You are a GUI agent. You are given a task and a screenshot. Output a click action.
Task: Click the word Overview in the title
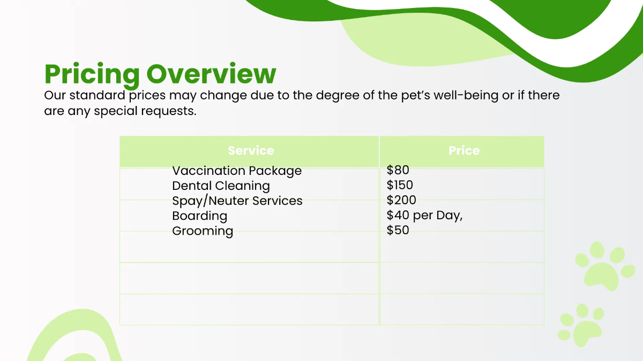[x=212, y=74]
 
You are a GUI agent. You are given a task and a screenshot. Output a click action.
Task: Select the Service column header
[x=250, y=151]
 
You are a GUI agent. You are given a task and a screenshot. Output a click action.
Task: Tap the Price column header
[x=463, y=151]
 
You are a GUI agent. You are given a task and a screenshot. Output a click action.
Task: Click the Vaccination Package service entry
[x=237, y=171]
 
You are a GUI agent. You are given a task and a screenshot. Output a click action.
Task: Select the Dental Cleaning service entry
[x=221, y=186]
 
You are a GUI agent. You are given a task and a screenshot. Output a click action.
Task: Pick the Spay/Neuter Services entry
[x=237, y=201]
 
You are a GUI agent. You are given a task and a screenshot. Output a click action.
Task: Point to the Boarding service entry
[x=199, y=216]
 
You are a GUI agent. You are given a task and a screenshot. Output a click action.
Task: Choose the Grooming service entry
[x=203, y=231]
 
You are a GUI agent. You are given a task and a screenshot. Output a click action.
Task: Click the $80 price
[x=398, y=171]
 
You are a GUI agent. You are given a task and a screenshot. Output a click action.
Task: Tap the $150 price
[x=400, y=186]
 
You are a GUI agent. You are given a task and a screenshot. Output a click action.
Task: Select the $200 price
[x=401, y=201]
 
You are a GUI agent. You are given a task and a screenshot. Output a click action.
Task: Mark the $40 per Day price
[x=424, y=216]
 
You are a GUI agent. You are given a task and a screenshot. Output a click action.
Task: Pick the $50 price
[x=398, y=231]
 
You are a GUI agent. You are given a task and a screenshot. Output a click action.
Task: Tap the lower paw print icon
[x=580, y=325]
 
